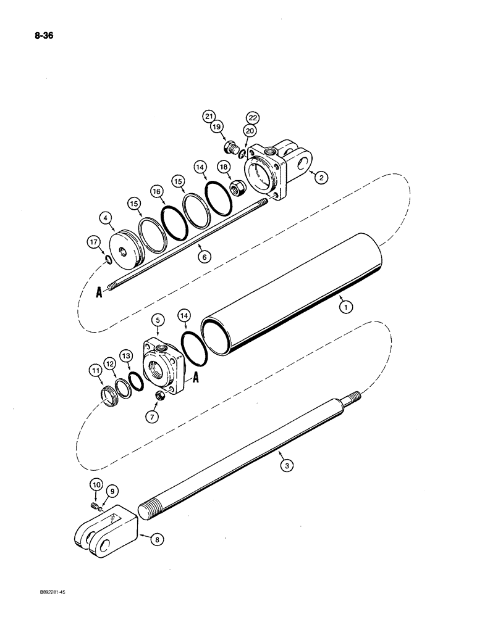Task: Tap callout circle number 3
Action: coord(285,466)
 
